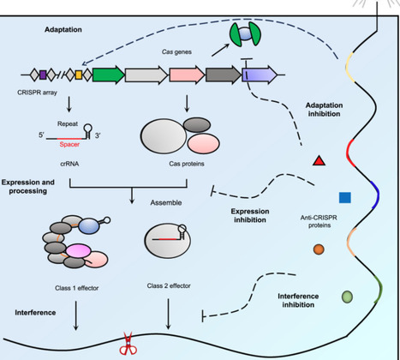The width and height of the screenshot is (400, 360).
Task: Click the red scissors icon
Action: coord(128,345)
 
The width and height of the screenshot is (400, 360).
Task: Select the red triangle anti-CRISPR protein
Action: coord(318,160)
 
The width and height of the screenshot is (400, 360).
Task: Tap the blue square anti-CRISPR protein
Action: coord(344,197)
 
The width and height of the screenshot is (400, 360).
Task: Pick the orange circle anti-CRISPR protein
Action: coord(319,249)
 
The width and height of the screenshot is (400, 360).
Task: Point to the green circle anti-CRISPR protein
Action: coord(347,297)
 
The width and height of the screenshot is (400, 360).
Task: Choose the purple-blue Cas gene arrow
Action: coord(260,76)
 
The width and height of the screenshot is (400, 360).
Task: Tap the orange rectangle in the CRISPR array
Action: coord(78,76)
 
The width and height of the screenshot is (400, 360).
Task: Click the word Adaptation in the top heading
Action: coord(66,30)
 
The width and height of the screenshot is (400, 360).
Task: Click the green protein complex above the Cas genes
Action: coord(243,34)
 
